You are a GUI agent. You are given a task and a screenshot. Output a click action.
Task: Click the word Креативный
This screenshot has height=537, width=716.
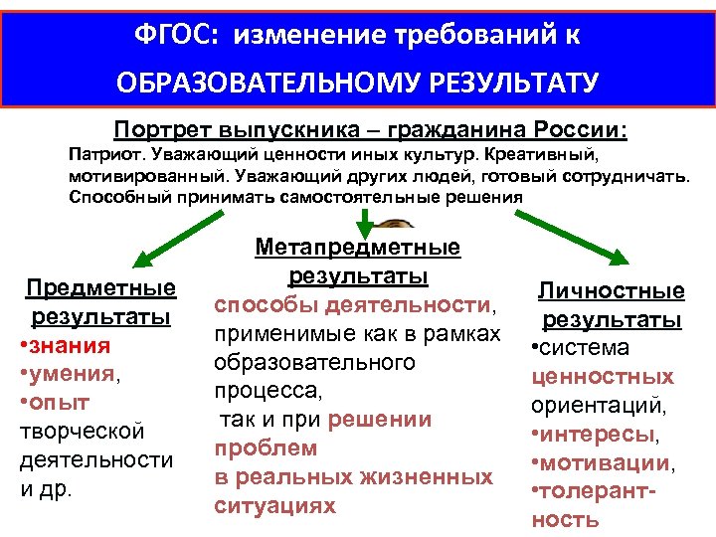(x=556, y=156)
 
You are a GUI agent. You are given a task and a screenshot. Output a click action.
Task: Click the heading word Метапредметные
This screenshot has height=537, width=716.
(x=357, y=246)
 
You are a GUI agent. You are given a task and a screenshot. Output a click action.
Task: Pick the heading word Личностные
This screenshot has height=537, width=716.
(x=612, y=290)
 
